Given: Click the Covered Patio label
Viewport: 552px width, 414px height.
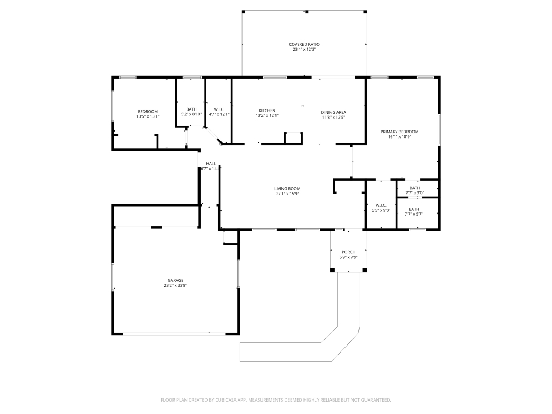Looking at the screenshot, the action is pos(304,44).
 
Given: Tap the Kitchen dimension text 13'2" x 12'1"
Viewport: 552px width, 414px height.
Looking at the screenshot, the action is pos(267,115).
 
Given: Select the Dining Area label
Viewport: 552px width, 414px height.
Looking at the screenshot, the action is pos(333,112).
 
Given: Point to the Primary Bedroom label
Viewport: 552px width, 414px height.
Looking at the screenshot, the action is pos(399,132).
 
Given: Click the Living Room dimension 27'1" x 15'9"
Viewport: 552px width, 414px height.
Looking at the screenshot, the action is pos(287,194).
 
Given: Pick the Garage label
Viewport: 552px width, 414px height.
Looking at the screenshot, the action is pos(175,280).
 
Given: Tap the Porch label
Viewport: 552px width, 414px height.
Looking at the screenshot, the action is pos(349,252).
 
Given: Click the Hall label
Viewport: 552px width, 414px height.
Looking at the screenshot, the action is pos(211,164).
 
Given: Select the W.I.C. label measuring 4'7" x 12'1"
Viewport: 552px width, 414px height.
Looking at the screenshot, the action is pos(219,109).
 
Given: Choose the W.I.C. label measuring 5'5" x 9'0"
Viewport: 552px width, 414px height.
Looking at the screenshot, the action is pos(381,205).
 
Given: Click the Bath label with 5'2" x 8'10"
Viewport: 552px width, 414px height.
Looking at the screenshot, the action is pos(191,109).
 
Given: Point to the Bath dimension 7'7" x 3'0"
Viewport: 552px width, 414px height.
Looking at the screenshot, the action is pos(415,193).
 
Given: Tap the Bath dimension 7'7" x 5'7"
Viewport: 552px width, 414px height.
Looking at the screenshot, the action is pos(414,214).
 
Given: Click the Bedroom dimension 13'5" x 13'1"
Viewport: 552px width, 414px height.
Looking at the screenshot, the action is pos(148,116).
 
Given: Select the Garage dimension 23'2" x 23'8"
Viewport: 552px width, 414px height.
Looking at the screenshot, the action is pos(175,286).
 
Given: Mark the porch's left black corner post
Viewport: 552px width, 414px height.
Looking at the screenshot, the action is pos(332,270).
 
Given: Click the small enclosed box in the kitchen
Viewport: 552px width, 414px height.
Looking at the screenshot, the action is pos(293,138).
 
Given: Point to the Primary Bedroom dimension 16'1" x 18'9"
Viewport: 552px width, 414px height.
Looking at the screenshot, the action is pos(399,137).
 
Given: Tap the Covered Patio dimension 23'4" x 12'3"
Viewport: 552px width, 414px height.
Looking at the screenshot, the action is pos(304,50).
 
